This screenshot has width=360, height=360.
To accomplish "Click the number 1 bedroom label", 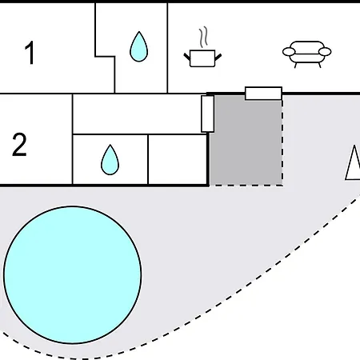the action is click(30, 53).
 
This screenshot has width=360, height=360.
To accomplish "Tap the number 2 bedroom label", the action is click(19, 144).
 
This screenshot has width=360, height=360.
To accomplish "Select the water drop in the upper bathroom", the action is click(138, 46).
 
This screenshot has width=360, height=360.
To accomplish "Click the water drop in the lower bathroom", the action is click(110, 160).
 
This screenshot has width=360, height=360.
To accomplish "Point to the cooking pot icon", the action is click(202, 58).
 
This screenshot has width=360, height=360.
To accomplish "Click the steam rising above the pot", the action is click(203, 37).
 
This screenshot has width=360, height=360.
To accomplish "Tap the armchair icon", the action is click(307, 54).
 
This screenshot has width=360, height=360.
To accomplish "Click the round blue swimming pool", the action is click(72, 274).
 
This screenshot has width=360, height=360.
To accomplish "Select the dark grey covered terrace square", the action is click(246, 140).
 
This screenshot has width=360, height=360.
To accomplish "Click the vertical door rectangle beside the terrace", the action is click(207, 114).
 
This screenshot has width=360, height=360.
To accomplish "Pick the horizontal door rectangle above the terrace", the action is click(263, 94).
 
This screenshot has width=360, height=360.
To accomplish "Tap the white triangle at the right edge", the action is click(354, 162).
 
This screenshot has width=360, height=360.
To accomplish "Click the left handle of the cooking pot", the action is click(187, 57).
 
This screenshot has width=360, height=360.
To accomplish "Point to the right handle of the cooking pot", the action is click(218, 57).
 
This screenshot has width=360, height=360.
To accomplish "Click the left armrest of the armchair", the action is click(289, 52).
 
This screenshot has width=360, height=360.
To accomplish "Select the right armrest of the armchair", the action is click(325, 52).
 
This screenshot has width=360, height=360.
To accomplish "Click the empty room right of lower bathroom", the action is click(178, 159).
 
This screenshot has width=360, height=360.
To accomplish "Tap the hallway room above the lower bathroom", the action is click(137, 114).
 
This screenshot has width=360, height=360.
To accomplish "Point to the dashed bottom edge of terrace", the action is click(246, 186).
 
